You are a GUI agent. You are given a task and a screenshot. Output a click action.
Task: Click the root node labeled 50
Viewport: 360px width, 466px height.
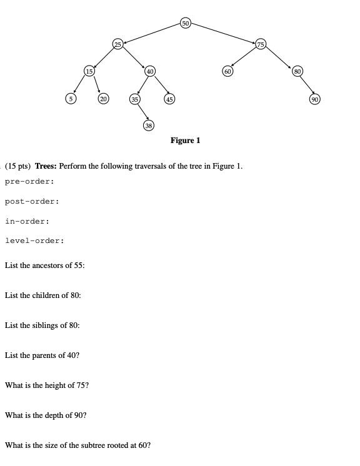tap(185, 23)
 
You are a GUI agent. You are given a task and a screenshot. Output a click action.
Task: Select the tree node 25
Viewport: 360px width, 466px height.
tap(118, 43)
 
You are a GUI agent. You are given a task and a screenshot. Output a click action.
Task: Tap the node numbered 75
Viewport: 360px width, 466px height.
tap(261, 43)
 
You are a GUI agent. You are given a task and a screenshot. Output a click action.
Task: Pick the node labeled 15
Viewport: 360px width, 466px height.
tap(90, 71)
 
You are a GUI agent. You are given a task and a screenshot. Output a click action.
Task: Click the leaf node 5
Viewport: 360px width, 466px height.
tap(71, 98)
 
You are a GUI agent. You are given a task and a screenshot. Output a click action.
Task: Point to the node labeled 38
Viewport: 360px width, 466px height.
tap(148, 126)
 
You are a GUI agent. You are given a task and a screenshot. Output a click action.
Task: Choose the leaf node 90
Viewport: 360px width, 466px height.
tap(314, 98)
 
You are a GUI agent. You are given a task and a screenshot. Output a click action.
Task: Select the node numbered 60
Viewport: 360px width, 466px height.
tap(228, 71)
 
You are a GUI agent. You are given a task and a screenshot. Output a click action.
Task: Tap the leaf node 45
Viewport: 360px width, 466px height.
tap(169, 98)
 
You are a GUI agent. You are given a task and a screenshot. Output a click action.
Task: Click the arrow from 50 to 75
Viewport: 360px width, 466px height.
tap(222, 33)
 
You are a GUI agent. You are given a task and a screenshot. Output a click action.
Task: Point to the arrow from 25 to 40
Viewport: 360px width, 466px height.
tap(134, 57)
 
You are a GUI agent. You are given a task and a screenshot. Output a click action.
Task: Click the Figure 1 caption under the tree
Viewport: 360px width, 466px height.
tap(185, 141)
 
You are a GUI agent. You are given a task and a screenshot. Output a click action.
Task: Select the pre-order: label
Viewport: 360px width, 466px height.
tap(29, 181)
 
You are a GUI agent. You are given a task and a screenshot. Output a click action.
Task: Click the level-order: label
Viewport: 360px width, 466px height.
tap(34, 240)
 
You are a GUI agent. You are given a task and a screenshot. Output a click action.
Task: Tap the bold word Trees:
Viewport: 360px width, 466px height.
tap(48, 166)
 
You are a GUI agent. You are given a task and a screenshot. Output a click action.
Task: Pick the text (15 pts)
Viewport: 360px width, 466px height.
tap(19, 166)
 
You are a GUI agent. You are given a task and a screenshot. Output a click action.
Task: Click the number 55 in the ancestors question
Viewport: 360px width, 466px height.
tap(79, 265)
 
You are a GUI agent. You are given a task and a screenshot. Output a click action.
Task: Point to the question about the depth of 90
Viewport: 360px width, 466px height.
tap(46, 415)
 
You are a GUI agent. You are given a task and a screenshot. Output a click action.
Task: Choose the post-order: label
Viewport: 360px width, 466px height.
tap(32, 201)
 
